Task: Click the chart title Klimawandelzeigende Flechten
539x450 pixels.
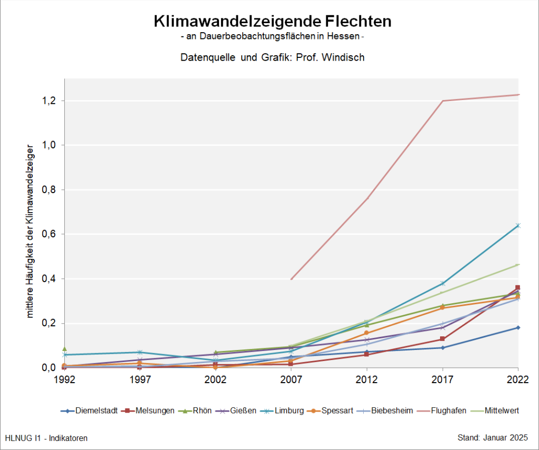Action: coord(273,22)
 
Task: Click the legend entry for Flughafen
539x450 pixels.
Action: coord(448,411)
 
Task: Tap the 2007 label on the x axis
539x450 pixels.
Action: coord(291,379)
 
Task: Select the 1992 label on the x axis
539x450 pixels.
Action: coord(64,379)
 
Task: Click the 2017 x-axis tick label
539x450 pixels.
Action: coord(443,379)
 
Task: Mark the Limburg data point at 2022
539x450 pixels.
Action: coord(518,226)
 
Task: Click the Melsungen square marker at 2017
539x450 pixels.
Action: coord(443,339)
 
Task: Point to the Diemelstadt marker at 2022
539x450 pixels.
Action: coord(518,327)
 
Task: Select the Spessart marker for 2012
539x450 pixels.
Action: coord(367,333)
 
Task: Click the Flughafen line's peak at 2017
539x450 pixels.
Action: coord(443,101)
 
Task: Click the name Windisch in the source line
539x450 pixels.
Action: coord(345,57)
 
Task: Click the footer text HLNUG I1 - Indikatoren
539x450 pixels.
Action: coord(46,438)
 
